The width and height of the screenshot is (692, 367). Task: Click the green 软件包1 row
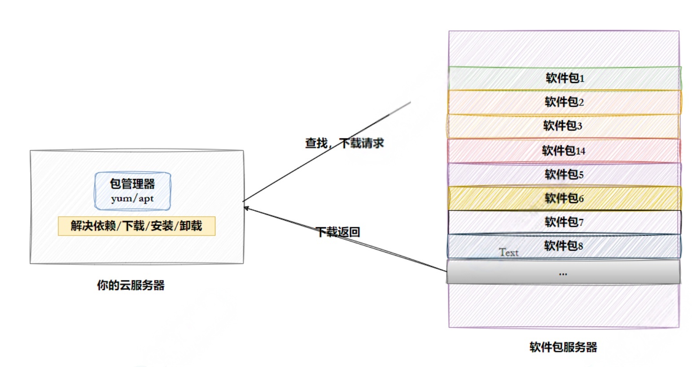point(565,79)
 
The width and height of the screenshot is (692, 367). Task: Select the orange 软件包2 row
point(565,102)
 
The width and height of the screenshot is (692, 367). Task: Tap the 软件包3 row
point(563,126)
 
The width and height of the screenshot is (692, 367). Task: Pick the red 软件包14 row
point(564,151)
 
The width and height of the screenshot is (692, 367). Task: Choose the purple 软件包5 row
point(564,175)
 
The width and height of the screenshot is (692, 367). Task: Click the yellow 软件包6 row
point(564,198)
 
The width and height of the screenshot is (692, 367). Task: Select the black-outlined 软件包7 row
point(564,222)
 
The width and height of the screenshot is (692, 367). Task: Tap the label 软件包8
point(563,246)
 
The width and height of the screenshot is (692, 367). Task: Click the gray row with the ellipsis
point(563,272)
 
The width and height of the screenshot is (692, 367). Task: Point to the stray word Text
point(508,253)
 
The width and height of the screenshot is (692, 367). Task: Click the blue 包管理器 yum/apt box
point(132,191)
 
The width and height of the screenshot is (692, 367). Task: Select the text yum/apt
point(132,198)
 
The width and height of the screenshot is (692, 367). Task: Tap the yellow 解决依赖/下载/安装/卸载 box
point(136,226)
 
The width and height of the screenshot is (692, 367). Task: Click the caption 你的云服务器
point(131,285)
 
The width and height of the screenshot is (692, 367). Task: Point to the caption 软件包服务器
point(563,347)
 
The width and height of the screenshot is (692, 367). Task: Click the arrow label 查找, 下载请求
point(344,144)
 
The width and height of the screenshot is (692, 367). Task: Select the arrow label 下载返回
point(338,232)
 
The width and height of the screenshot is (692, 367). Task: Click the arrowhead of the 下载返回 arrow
point(246,208)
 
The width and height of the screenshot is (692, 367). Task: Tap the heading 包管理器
point(132,184)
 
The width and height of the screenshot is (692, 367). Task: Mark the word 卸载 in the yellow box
point(191,226)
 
